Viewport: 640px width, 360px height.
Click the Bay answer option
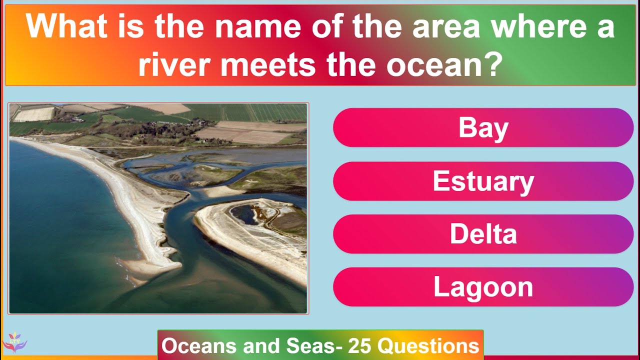pos(483,128)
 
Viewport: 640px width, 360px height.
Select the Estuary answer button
pos(483,181)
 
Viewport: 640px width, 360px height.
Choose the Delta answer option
pos(483,234)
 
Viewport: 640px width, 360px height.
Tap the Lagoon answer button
pos(483,287)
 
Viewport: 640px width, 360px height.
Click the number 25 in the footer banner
pos(360,346)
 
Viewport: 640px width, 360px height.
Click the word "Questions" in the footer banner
pos(428,346)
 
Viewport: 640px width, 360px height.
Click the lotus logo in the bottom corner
pos(14,342)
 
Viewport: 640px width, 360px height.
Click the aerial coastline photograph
pos(158,208)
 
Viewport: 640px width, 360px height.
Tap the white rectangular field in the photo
pos(34,114)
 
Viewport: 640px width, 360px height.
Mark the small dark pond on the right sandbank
pos(245,214)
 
